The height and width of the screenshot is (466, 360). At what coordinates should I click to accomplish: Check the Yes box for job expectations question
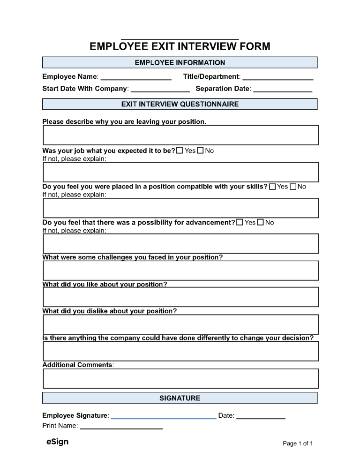(180, 150)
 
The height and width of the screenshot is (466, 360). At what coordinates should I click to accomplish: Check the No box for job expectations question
(200, 150)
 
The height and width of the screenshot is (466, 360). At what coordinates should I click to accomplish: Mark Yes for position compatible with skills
(272, 187)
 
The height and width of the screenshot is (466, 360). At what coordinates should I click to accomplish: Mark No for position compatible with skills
(293, 187)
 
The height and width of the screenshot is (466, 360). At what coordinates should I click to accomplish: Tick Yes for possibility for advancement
(240, 222)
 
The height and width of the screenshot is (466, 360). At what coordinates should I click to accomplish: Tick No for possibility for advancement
(261, 222)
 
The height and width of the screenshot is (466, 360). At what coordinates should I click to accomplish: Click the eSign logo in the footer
(57, 442)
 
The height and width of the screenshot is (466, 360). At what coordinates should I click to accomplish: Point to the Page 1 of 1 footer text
(298, 443)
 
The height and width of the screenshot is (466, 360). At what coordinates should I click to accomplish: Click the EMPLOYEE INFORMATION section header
(180, 62)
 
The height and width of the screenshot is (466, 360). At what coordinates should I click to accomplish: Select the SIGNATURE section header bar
(180, 398)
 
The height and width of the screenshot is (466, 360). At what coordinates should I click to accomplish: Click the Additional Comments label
(78, 365)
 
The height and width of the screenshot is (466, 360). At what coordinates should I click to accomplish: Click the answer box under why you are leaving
(180, 135)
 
